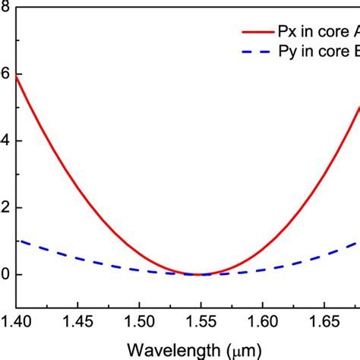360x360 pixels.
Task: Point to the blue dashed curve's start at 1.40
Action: [x=17, y=241]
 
